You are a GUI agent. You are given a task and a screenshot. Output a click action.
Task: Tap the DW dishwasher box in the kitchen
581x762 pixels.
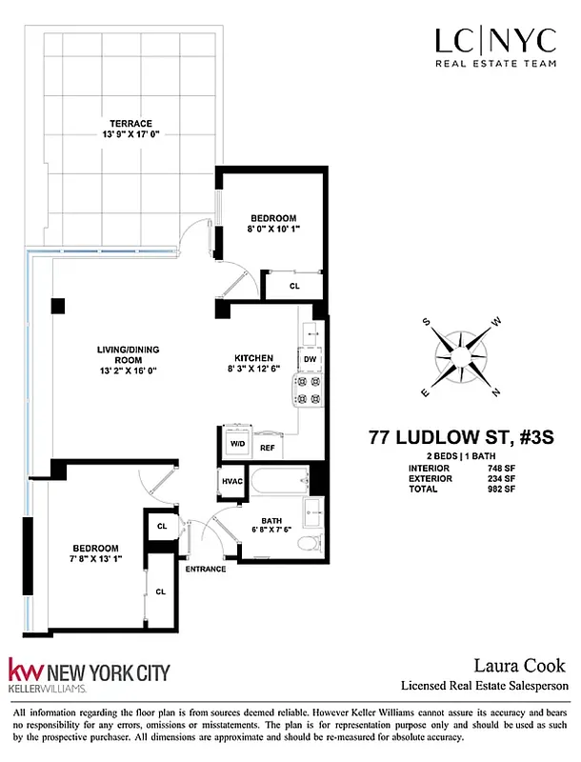[311, 359]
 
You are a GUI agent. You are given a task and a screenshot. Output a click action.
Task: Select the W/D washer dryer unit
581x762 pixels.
[236, 443]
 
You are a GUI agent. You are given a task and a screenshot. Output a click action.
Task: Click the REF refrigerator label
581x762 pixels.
[268, 447]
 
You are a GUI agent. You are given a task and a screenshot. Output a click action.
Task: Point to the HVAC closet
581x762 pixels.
[233, 482]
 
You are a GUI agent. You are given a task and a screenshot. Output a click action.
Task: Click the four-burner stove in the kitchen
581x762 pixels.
[311, 390]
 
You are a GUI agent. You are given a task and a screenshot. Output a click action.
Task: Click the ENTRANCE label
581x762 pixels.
[205, 569]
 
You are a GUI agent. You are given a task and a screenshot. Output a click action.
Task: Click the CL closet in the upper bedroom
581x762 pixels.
[294, 285]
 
